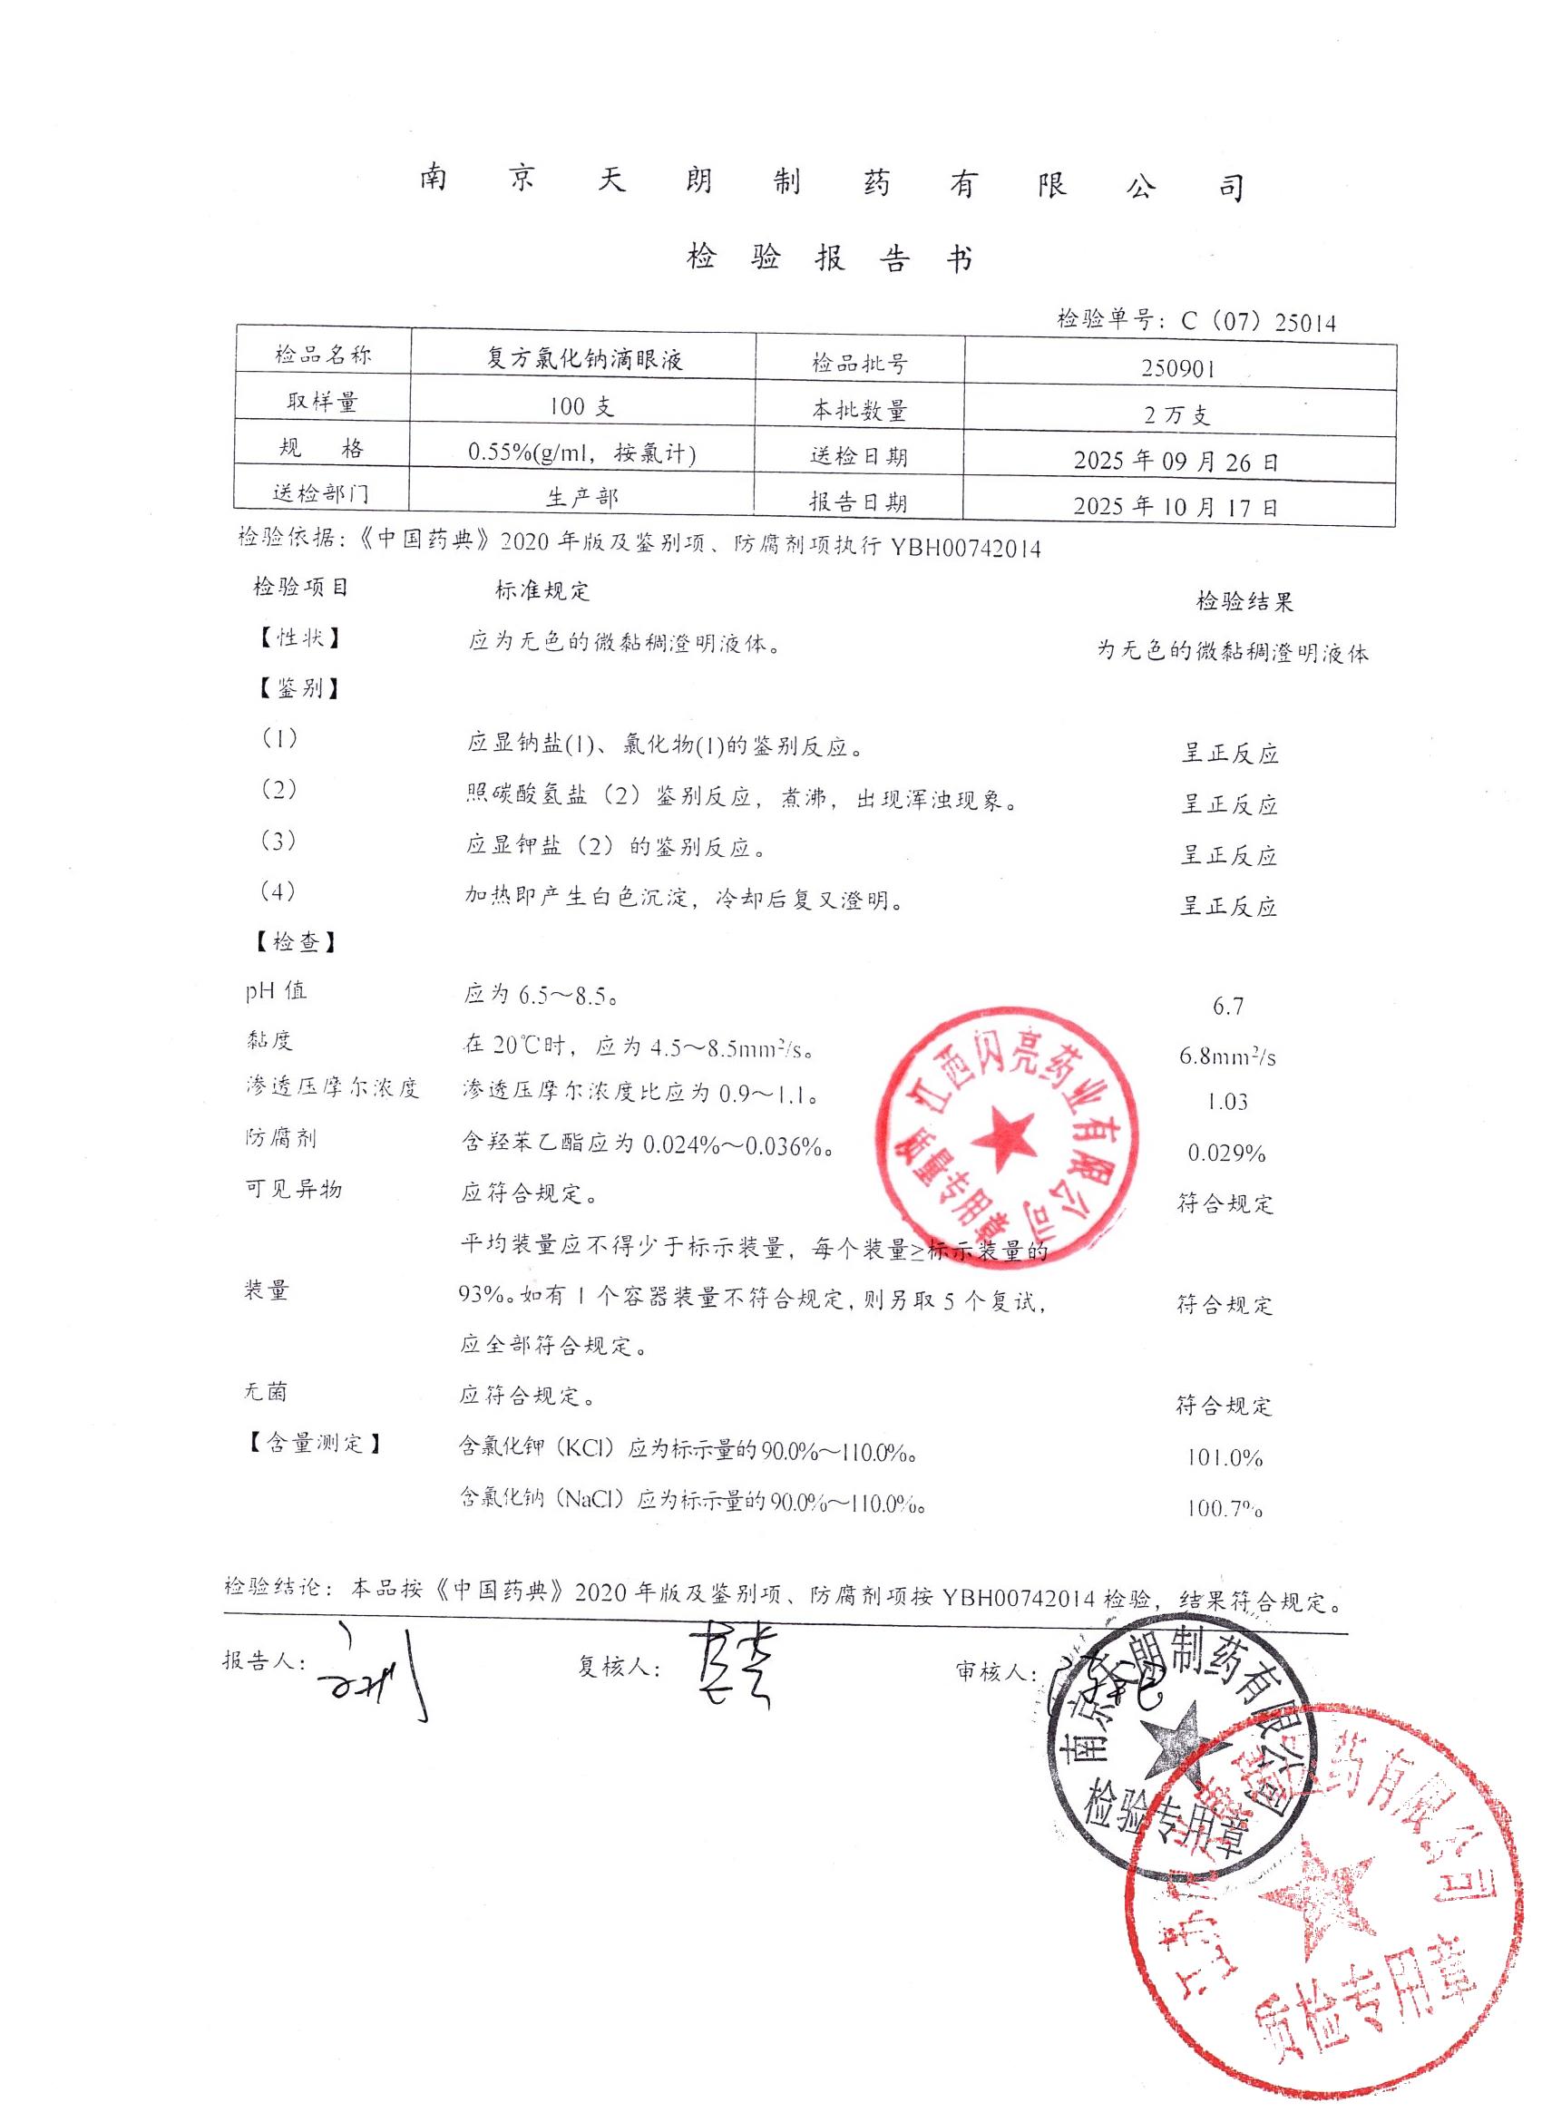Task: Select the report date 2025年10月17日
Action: pyautogui.click(x=1176, y=507)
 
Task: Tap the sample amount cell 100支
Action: pyautogui.click(x=581, y=407)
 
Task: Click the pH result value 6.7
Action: pyautogui.click(x=1227, y=1006)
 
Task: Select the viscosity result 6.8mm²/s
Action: pyautogui.click(x=1227, y=1056)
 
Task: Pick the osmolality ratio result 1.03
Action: pyautogui.click(x=1226, y=1102)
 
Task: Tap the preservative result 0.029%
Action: pyautogui.click(x=1226, y=1153)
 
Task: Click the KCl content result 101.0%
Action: pyautogui.click(x=1225, y=1457)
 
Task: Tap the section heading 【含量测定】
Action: pyautogui.click(x=316, y=1443)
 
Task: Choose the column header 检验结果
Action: pyautogui.click(x=1244, y=601)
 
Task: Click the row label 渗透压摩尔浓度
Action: pyautogui.click(x=332, y=1087)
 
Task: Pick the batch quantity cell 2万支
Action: pyautogui.click(x=1177, y=414)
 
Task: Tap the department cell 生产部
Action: pyautogui.click(x=582, y=498)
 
